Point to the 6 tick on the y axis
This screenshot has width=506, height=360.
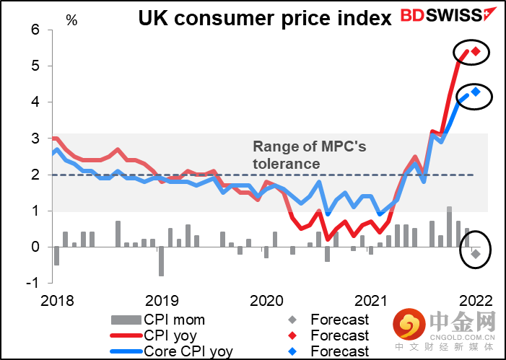click(34, 30)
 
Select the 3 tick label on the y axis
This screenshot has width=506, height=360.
click(34, 138)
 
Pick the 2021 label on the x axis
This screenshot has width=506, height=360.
click(370, 301)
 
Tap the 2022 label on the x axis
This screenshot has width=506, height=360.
click(476, 301)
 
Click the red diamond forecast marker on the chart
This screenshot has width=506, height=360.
click(476, 51)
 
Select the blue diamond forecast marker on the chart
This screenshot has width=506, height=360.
click(476, 92)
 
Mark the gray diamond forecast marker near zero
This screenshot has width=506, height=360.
click(476, 253)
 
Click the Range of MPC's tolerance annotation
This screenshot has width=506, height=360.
click(309, 155)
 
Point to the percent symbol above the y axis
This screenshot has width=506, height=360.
click(71, 19)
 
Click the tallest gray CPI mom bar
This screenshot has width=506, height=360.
click(449, 227)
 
